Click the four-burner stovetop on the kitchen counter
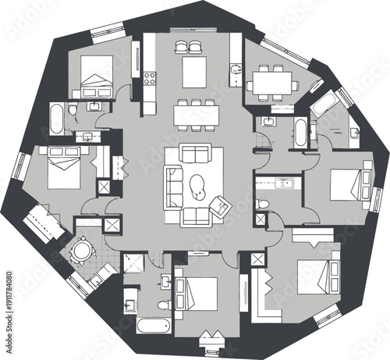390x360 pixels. click(149, 78)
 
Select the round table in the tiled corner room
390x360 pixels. click(80, 251)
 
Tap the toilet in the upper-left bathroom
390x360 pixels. click(73, 111)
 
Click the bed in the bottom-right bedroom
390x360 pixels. click(321, 274)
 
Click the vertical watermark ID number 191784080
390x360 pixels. click(9, 309)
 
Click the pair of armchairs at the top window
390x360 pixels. click(190, 46)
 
